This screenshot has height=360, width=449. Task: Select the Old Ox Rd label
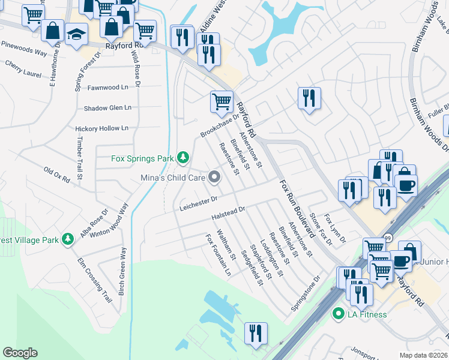(x=62, y=174)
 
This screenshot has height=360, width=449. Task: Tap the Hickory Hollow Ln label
(x=101, y=128)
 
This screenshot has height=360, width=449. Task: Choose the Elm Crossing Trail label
(x=95, y=280)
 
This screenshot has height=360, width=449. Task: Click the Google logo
(x=20, y=353)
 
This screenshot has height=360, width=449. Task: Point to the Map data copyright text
(x=423, y=355)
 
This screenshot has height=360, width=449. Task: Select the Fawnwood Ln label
(x=108, y=88)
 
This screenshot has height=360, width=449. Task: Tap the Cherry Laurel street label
(x=23, y=69)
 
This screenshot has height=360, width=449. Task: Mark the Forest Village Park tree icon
(x=68, y=240)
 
